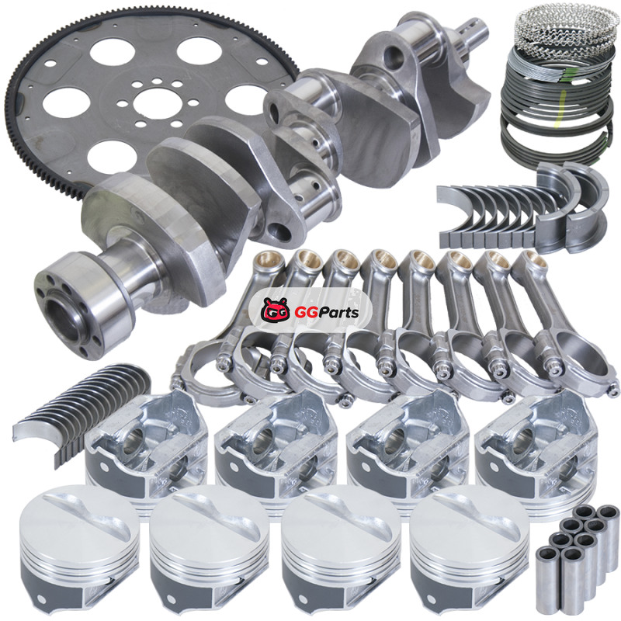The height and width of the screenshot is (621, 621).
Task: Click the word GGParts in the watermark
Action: [x=327, y=313]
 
